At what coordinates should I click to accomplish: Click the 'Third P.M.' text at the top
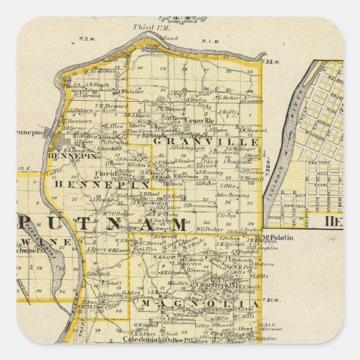click(146, 27)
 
